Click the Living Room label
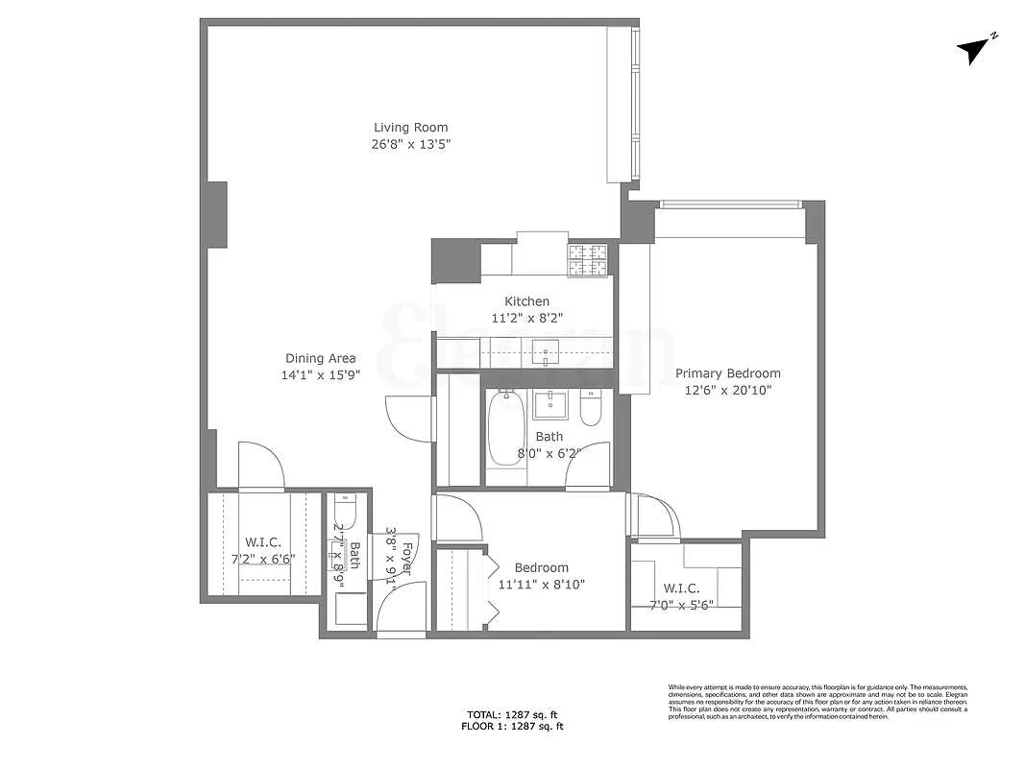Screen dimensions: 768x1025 tap(410, 128)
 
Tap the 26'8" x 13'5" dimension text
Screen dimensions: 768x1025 tap(410, 144)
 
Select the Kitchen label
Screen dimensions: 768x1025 tap(527, 301)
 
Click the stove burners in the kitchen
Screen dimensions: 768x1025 tap(589, 260)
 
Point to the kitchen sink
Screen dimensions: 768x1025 tap(546, 352)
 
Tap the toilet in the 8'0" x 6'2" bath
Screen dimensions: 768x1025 tap(590, 410)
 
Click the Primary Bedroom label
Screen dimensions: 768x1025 tap(727, 373)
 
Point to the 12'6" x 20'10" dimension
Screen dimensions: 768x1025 tap(727, 390)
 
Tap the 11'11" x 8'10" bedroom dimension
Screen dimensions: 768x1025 tap(541, 584)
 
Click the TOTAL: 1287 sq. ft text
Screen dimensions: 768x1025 tap(512, 714)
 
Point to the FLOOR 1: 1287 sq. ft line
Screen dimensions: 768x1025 tap(512, 727)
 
